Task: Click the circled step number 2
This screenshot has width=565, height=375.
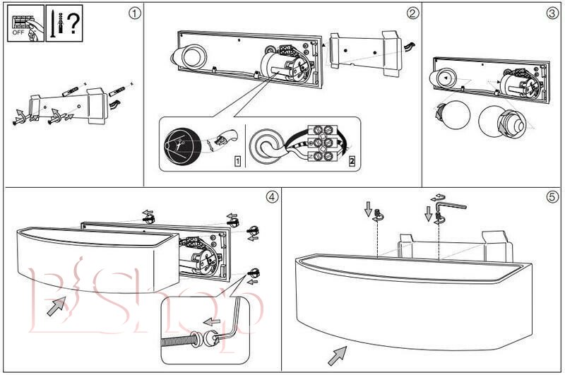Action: [412, 13]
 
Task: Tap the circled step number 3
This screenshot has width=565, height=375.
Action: [552, 13]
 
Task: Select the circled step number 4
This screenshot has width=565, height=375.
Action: [271, 196]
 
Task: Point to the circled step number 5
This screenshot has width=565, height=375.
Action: [552, 196]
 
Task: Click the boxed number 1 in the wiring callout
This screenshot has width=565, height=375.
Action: [237, 161]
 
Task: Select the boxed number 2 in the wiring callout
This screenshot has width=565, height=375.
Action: [352, 161]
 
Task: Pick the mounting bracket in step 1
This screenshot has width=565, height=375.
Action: [67, 104]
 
